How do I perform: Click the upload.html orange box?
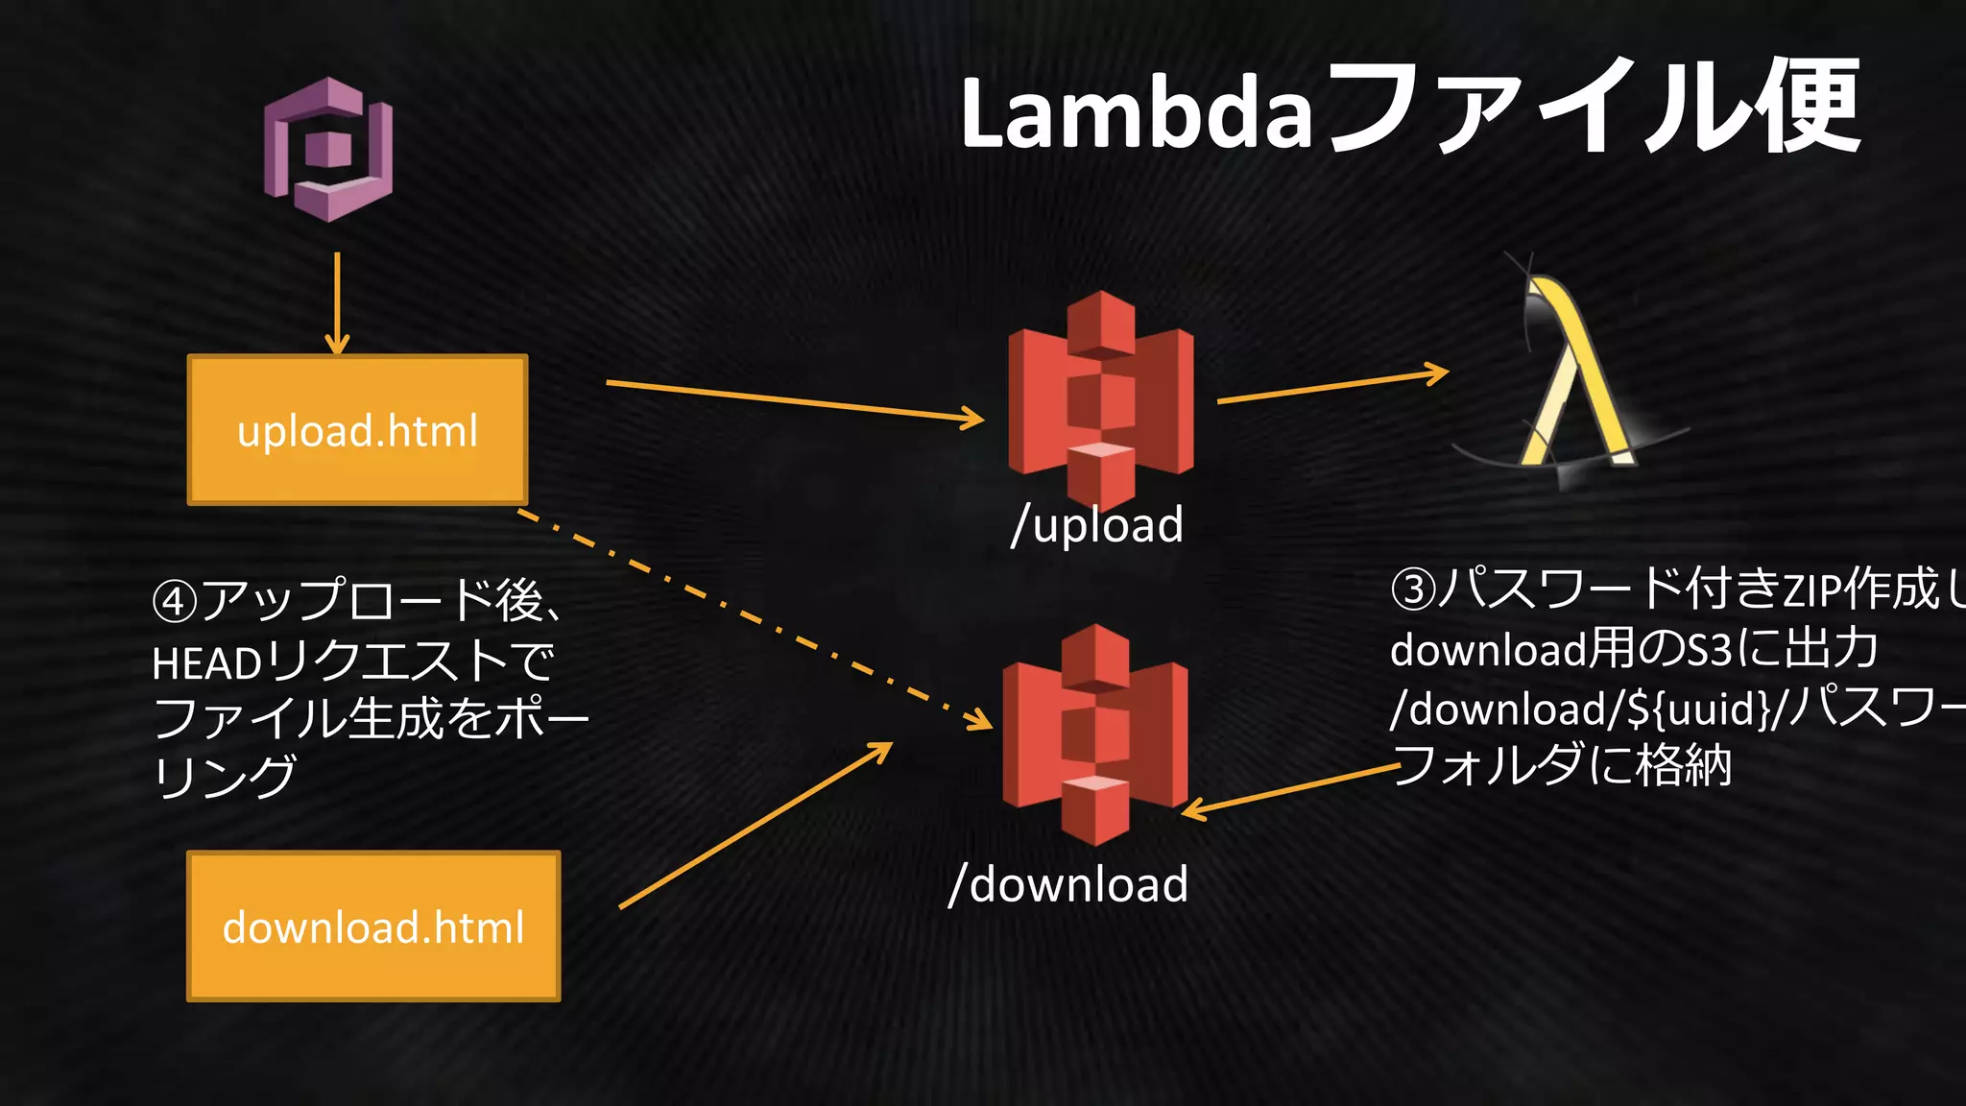357,430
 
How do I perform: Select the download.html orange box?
373,926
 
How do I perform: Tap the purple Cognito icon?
329,149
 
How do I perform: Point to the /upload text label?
1098,525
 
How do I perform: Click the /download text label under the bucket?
1068,884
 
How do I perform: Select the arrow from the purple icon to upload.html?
337,302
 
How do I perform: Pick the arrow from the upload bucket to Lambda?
1332,386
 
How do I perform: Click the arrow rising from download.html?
755,825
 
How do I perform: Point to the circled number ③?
1413,589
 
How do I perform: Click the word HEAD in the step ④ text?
206,663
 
